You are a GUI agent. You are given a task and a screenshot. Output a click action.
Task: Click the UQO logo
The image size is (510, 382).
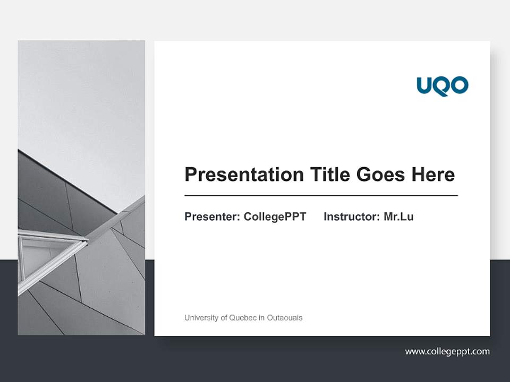(x=443, y=85)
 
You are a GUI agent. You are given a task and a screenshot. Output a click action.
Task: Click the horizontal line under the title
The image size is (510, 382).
(x=321, y=196)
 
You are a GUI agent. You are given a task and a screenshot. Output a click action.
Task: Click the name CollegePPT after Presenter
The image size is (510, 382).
(x=275, y=216)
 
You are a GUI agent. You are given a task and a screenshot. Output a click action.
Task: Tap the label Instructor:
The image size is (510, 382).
(x=352, y=216)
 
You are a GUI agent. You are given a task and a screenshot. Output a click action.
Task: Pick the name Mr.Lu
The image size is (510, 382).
(x=398, y=216)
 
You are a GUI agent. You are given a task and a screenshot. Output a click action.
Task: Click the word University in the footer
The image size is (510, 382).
(x=200, y=318)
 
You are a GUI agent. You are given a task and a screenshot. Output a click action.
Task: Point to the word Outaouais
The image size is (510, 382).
(x=285, y=318)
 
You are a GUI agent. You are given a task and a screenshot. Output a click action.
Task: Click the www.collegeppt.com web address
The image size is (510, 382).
(x=447, y=351)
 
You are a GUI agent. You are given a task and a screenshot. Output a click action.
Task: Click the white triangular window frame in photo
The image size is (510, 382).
(x=50, y=255)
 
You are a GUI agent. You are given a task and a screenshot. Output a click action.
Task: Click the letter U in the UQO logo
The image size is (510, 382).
(x=426, y=85)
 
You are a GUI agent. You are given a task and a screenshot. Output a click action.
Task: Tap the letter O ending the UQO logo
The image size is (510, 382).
(x=459, y=85)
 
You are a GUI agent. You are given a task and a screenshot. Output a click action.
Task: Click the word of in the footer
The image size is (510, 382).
(x=223, y=318)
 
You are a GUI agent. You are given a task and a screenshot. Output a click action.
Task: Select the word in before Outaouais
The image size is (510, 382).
(x=262, y=318)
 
